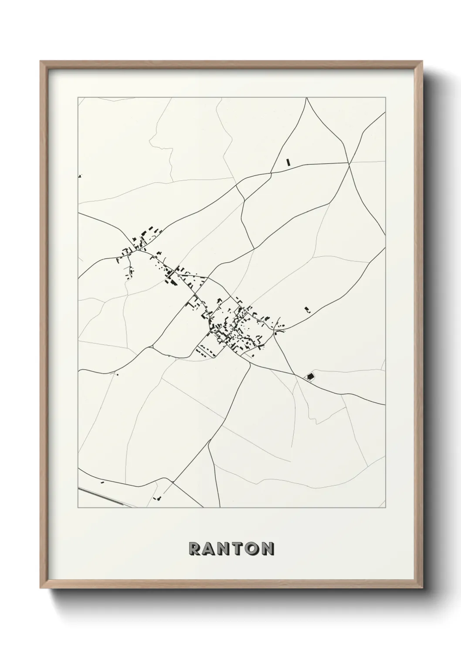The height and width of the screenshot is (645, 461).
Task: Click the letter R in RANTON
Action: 195,549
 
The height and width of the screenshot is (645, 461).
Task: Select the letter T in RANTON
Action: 239,549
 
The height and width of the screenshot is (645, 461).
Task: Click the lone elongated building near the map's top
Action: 288,162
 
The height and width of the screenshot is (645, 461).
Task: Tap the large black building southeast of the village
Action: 311,376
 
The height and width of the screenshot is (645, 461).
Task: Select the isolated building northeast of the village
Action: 307,310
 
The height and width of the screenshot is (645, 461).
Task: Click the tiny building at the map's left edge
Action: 80,176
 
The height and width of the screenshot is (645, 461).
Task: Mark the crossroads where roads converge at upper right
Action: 349,163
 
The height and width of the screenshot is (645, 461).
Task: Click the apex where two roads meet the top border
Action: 307,98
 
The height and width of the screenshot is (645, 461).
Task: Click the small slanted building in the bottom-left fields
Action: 102,482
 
